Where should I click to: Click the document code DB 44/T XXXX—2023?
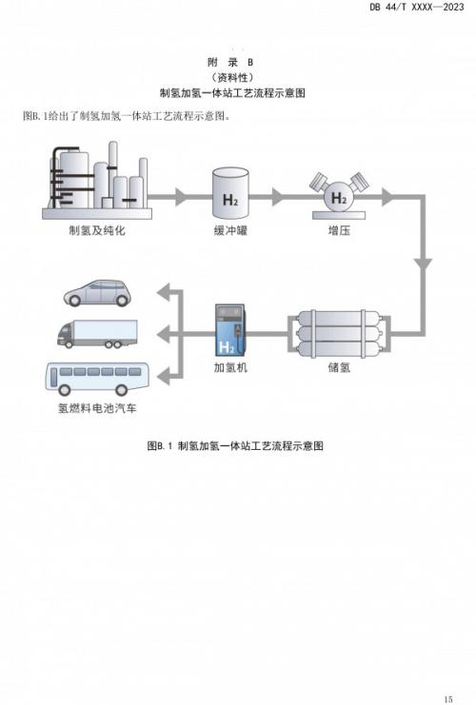coord(417,7)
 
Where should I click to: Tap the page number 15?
coord(447,698)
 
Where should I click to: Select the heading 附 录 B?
coord(230,62)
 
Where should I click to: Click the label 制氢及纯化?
coord(97,230)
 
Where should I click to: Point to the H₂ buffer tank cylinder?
coord(230,190)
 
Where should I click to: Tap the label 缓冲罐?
coord(230,230)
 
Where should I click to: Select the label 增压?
coord(339,230)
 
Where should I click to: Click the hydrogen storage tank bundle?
coord(339,334)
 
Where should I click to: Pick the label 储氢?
coord(339,367)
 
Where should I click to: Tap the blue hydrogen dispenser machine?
coord(229,330)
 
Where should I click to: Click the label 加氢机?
coord(230,367)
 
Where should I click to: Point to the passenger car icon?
coord(97,293)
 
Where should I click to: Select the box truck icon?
coord(97,334)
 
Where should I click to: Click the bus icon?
coord(97,379)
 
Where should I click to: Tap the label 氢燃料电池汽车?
coord(97,408)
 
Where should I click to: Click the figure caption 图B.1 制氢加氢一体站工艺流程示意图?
coord(235,446)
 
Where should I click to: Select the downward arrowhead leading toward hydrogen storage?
coord(423,264)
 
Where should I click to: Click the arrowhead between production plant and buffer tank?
coord(181,197)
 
